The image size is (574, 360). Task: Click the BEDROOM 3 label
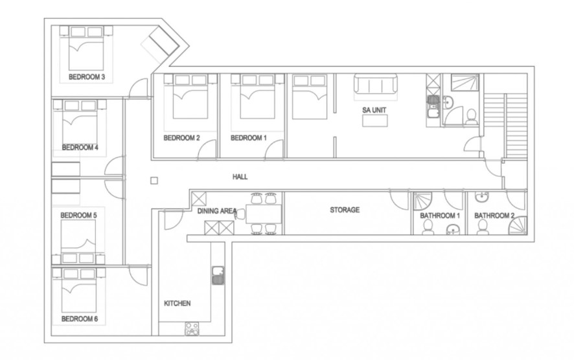87,77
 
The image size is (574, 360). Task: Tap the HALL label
240,177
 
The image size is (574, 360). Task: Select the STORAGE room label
345,210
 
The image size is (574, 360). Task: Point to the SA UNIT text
374,110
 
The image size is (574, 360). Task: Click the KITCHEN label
177,303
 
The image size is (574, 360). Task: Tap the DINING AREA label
217,211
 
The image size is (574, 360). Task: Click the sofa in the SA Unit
375,84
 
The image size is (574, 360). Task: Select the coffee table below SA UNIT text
375,120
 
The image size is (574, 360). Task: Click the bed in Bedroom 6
78,290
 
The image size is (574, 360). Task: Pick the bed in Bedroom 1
257,97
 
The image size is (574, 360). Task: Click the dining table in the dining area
264,214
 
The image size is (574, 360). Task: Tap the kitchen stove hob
192,328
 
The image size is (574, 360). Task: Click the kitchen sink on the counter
218,275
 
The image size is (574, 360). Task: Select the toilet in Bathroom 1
427,227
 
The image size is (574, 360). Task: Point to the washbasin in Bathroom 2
482,197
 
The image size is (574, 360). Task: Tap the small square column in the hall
154,181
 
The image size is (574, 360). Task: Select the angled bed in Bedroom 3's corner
160,44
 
